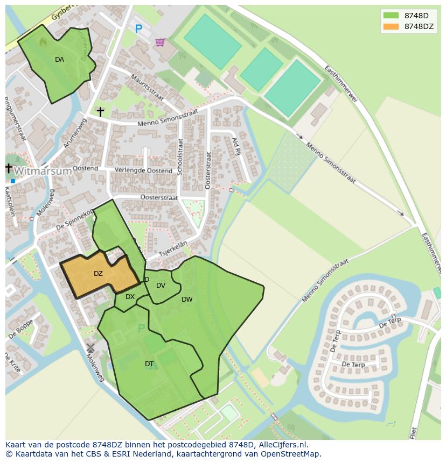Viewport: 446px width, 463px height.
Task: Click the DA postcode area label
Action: click(x=59, y=60)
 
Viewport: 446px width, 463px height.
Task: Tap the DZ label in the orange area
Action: click(x=98, y=274)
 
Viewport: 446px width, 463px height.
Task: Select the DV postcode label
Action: click(x=161, y=286)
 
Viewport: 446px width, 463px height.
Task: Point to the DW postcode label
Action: click(x=187, y=300)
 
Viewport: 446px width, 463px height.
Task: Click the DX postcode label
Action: click(x=130, y=297)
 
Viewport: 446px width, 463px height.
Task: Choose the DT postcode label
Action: click(x=149, y=364)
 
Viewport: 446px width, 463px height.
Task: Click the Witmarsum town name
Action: click(x=42, y=170)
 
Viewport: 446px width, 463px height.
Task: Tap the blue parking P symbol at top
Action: click(x=138, y=30)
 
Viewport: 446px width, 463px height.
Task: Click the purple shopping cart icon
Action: click(x=160, y=41)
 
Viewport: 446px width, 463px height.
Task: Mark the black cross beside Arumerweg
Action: click(x=100, y=112)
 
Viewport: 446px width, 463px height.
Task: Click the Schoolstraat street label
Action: click(x=180, y=156)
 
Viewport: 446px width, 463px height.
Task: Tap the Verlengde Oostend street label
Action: click(x=144, y=170)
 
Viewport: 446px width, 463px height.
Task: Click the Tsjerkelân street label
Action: click(x=173, y=248)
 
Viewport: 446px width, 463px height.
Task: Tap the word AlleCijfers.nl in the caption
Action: click(x=281, y=445)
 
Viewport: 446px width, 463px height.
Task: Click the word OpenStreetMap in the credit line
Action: click(x=294, y=454)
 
